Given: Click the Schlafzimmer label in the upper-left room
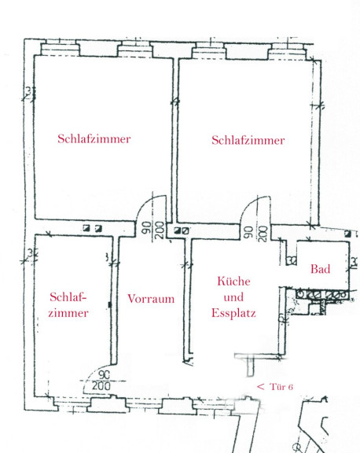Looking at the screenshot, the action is [94, 139].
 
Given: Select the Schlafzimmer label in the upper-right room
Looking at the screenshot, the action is [248, 140].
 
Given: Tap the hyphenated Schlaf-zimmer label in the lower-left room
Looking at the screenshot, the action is [68, 305].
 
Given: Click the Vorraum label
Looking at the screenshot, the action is [151, 299].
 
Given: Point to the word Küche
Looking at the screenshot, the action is [233, 281].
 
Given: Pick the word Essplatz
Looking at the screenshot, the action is [233, 313].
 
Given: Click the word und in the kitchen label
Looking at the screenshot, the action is [233, 297].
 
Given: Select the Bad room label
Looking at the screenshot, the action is [321, 269].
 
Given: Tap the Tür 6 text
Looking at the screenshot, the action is [281, 387].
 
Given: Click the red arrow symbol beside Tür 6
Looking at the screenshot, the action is [260, 387].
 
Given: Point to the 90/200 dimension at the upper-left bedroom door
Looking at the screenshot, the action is [152, 230].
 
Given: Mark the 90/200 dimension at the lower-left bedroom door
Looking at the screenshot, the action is [101, 381].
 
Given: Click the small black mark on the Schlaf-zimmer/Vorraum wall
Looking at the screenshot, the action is [109, 304].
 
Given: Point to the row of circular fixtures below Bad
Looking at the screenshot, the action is [321, 294].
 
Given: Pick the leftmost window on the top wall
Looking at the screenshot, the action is [59, 49].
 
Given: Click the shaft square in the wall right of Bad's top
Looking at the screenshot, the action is [347, 234].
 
